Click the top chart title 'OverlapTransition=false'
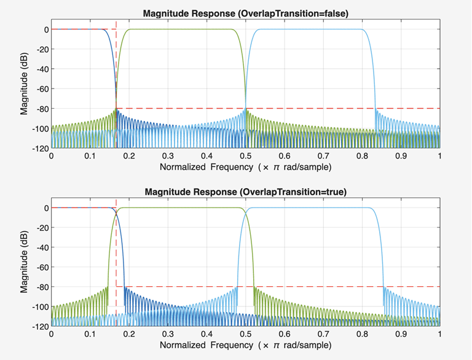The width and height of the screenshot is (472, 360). point(245,13)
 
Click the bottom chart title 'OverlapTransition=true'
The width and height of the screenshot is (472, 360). point(245,192)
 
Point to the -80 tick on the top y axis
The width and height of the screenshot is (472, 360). point(39,109)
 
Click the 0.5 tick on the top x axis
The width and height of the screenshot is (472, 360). point(245,156)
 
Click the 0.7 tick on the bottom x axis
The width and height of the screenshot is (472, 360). point(323,335)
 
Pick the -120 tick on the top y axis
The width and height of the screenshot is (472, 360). point(37,148)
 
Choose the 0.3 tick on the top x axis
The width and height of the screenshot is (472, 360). point(168,156)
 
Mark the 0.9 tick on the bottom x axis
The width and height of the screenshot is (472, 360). point(401,335)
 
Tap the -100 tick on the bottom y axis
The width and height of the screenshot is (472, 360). point(37,307)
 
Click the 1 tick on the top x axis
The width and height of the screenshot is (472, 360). point(440,156)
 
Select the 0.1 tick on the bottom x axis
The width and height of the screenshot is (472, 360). point(90,335)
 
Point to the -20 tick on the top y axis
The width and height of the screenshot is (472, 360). point(39,49)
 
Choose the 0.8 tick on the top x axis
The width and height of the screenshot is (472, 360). point(362,156)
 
